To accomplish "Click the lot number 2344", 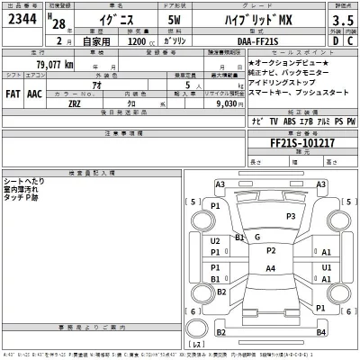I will point(21,20).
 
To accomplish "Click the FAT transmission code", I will point(13,92).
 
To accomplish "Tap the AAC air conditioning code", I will point(34,92).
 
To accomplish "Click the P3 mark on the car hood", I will point(290,216).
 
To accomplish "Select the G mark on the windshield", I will point(258,237).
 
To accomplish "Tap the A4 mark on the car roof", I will point(270,269).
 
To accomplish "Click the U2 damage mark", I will point(215,241).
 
